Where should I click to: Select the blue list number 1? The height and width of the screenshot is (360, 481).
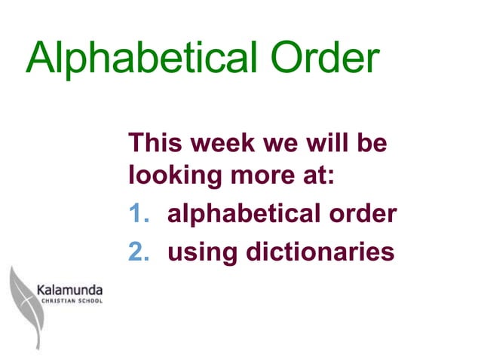point(136,214)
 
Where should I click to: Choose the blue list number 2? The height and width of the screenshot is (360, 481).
point(136,251)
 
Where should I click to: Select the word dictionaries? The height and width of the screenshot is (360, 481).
point(320,251)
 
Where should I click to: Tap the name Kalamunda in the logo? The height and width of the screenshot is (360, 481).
point(70,288)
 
